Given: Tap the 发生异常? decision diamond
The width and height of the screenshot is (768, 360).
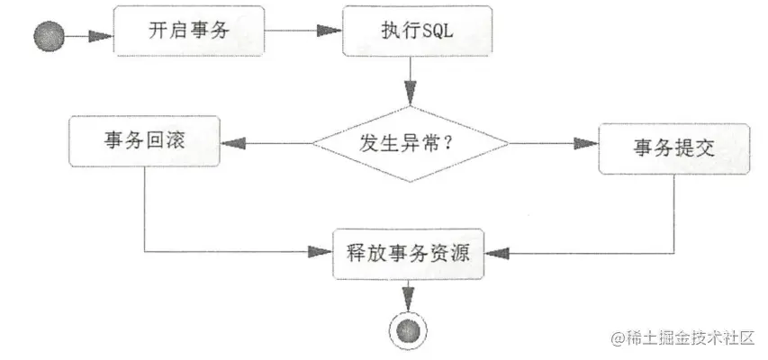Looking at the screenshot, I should click(x=409, y=144).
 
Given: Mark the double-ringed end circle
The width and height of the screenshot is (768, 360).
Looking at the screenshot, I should click(x=410, y=328).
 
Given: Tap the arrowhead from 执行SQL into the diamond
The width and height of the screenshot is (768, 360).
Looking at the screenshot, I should click(x=410, y=93).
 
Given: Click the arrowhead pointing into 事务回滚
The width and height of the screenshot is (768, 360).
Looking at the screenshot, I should click(x=231, y=142).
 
